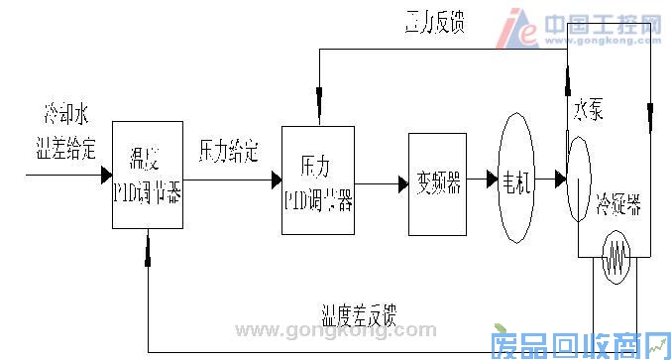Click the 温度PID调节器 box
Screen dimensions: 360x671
148,177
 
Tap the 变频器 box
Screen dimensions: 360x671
437,182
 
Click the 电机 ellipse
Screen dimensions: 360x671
516,180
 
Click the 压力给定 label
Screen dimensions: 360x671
228,152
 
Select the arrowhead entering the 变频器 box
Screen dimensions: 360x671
402,182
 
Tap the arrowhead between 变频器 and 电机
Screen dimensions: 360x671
492,180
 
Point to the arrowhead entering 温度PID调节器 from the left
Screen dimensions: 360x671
106,177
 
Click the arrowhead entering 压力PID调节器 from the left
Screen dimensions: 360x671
276,180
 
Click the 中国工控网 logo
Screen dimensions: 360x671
582,27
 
